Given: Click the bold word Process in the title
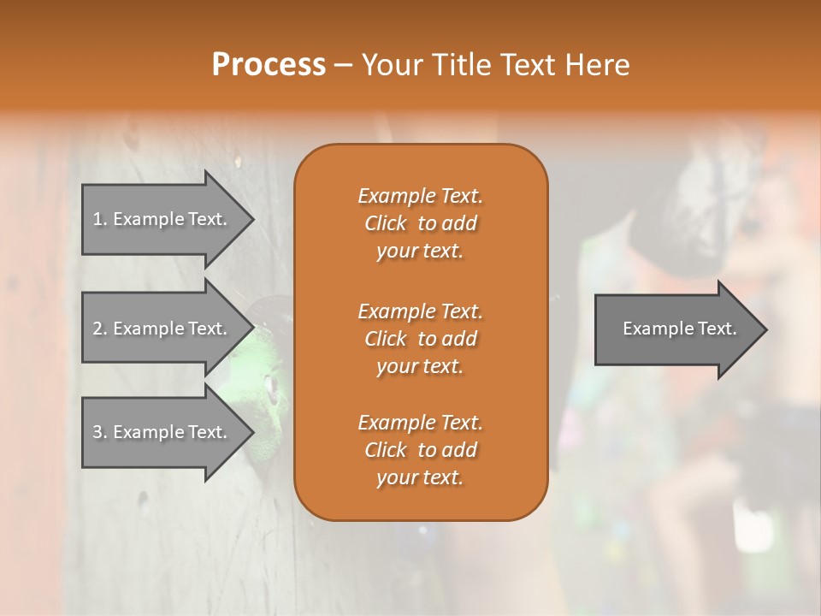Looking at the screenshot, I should pyautogui.click(x=269, y=65).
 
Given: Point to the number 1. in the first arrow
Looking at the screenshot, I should pyautogui.click(x=100, y=219).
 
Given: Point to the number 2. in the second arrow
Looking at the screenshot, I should pyautogui.click(x=100, y=329).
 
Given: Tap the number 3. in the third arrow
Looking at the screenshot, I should pyautogui.click(x=100, y=432).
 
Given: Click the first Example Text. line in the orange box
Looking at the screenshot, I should pyautogui.click(x=420, y=196).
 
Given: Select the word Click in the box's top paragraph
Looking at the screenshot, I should pyautogui.click(x=386, y=223).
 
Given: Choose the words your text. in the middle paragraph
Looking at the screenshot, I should pyautogui.click(x=420, y=366).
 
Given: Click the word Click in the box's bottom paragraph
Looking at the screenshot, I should pyautogui.click(x=386, y=450).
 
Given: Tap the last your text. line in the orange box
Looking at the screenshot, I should pyautogui.click(x=420, y=478).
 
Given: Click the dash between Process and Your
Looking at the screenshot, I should pyautogui.click(x=344, y=65).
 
